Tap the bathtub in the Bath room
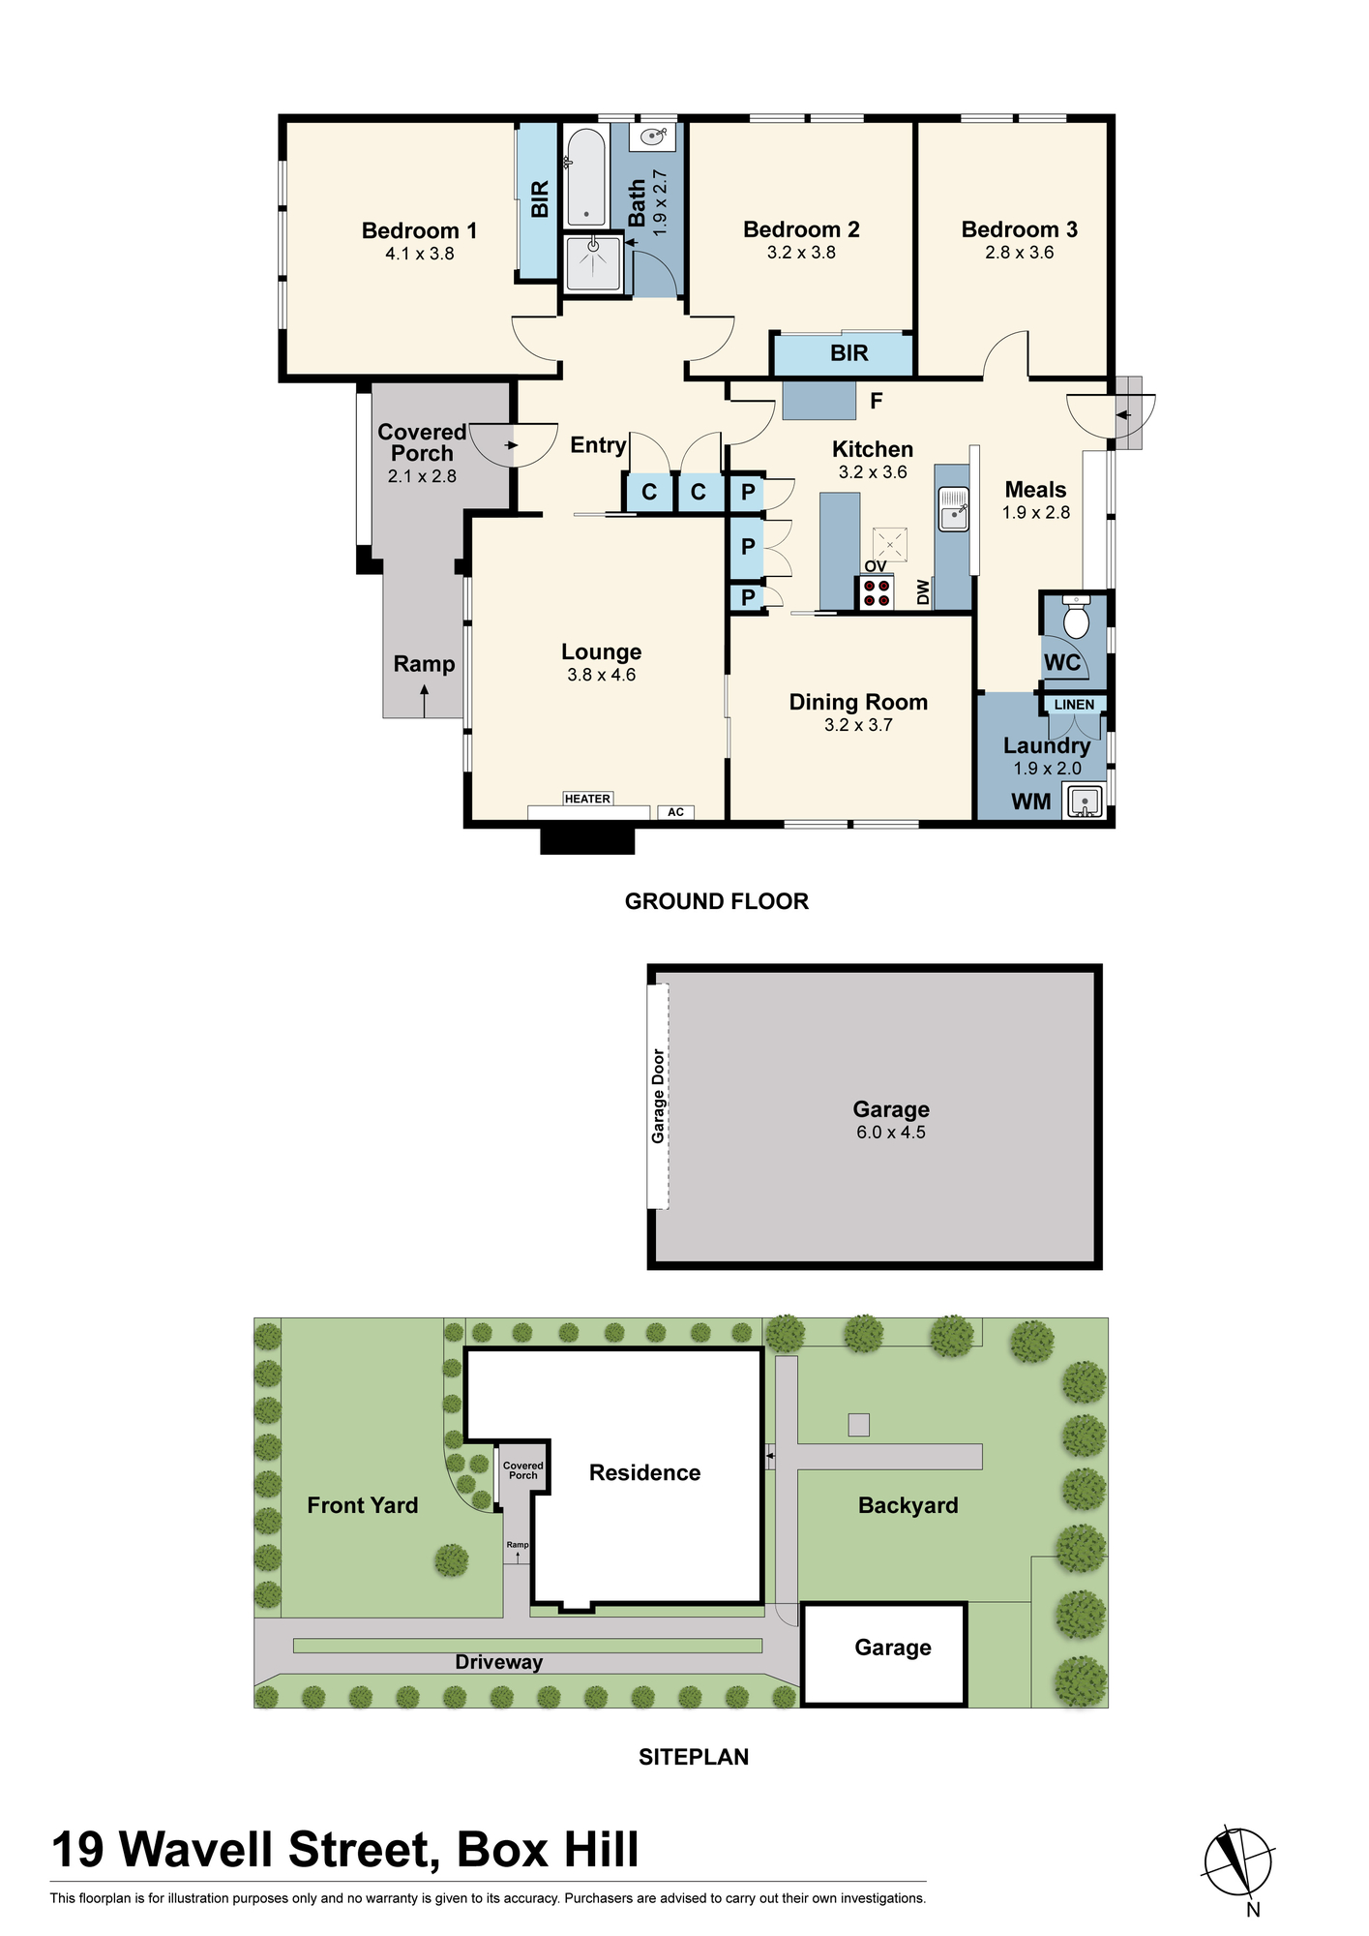[585, 177]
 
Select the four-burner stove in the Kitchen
[877, 592]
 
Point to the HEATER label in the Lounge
[587, 799]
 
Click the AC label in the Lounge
[675, 812]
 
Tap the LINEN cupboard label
[1074, 705]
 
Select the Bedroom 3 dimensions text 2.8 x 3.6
[1019, 253]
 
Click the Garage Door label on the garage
[658, 1096]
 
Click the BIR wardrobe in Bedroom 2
[843, 353]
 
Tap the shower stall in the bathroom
[592, 262]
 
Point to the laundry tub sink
[1085, 802]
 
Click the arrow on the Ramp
[424, 701]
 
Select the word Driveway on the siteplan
[498, 1662]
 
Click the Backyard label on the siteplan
[908, 1505]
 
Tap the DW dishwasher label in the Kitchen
[923, 592]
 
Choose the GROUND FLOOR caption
[716, 901]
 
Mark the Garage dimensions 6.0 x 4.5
[890, 1133]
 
